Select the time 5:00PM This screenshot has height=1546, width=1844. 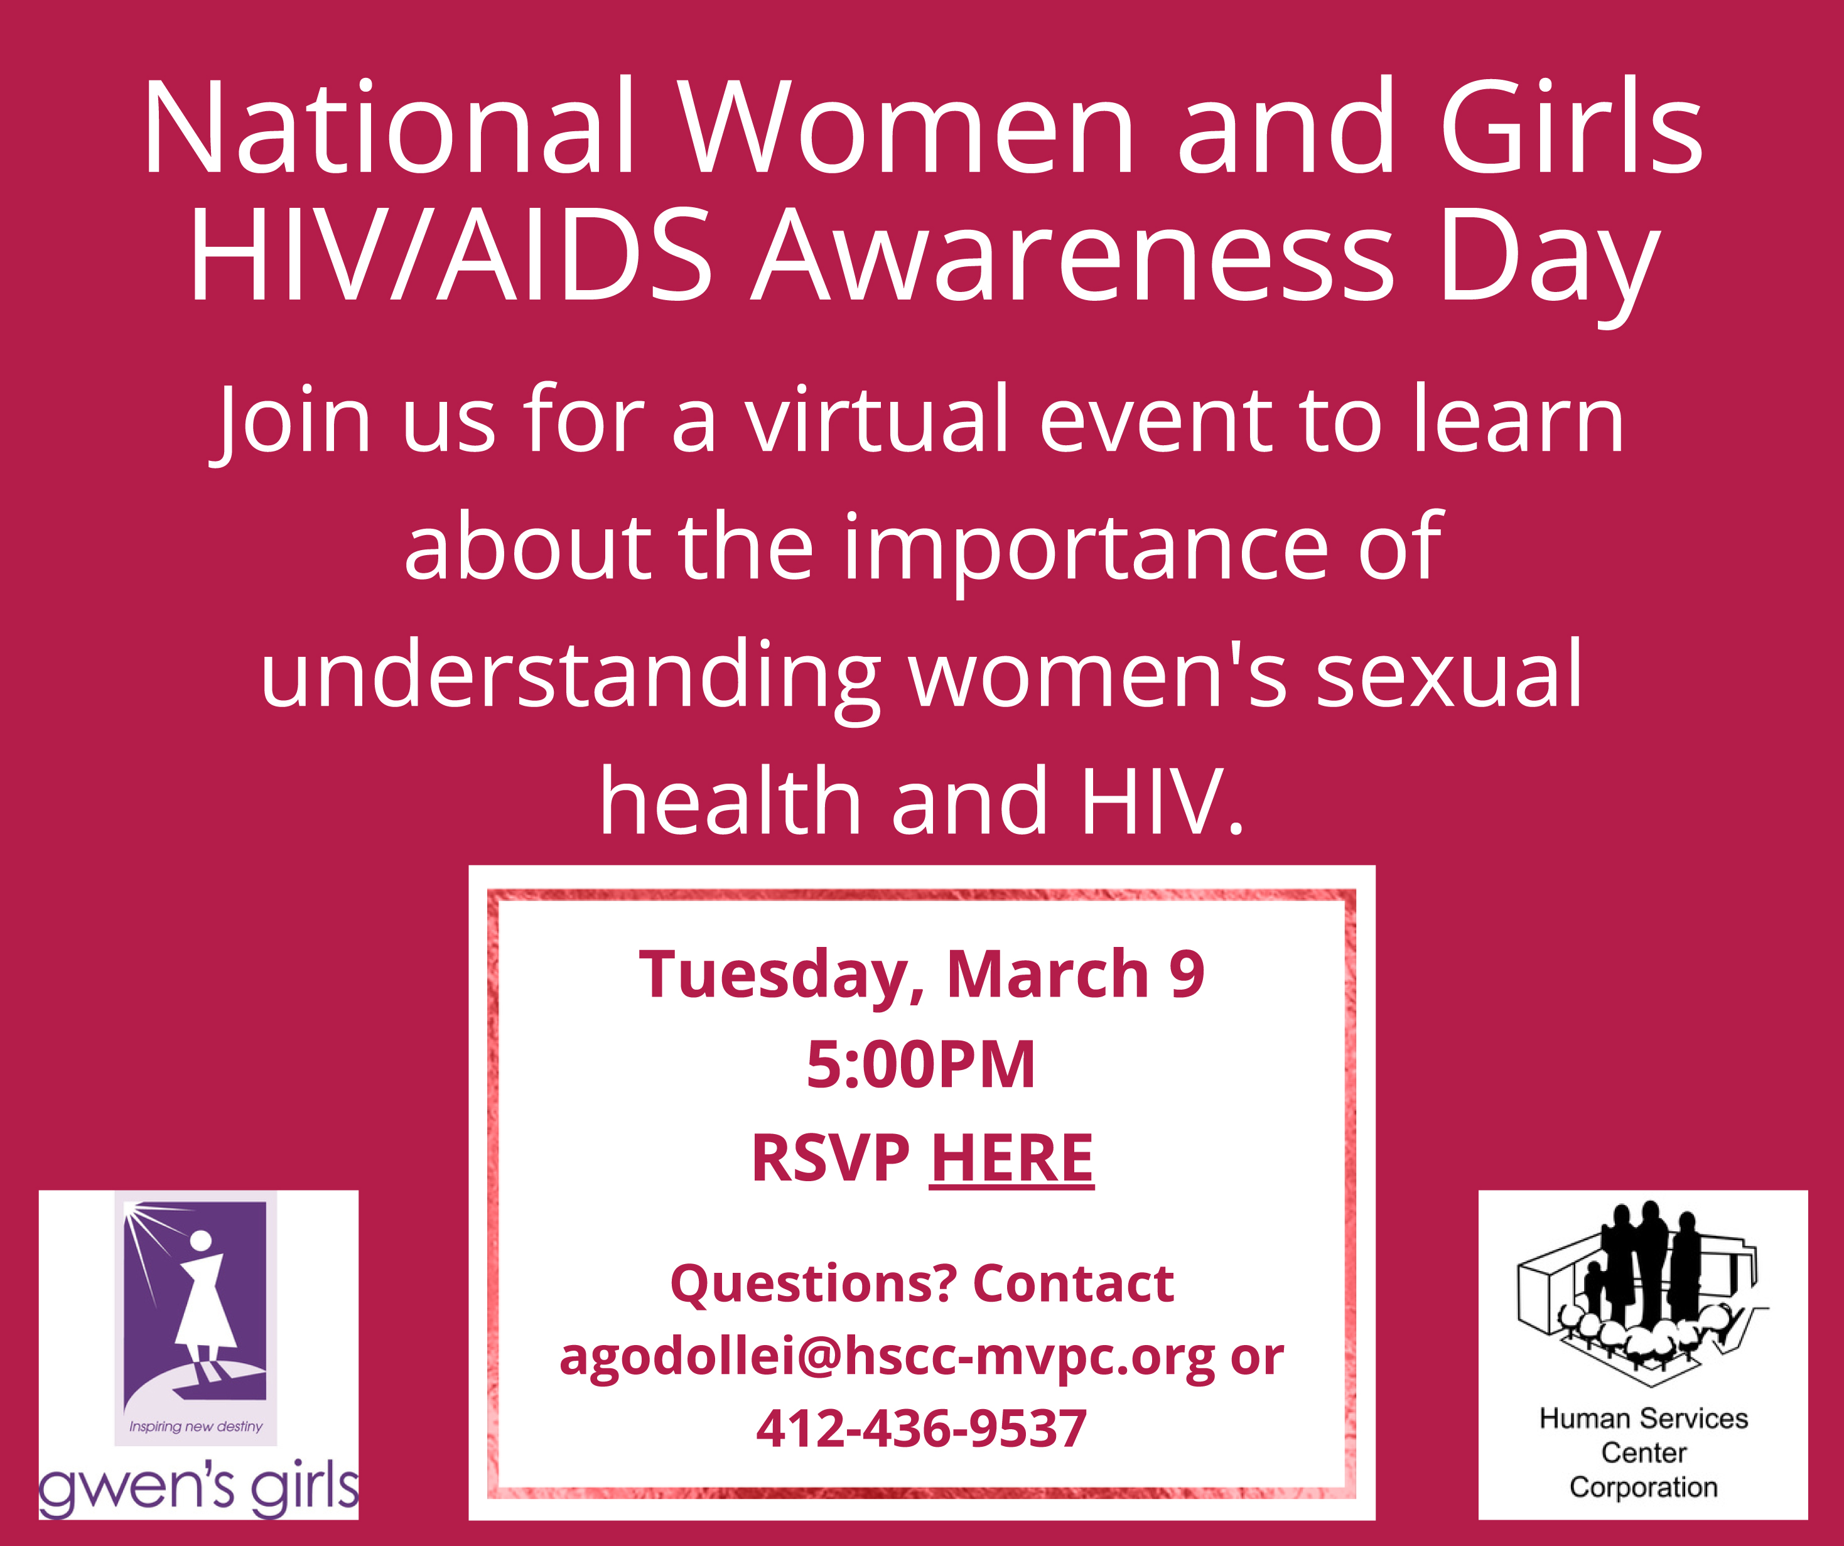tap(921, 1064)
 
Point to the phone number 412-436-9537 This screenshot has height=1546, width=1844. tap(921, 1429)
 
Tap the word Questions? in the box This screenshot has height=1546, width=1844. tap(813, 1284)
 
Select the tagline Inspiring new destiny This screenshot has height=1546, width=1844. tap(196, 1427)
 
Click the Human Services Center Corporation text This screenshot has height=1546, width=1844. tap(1643, 1453)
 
